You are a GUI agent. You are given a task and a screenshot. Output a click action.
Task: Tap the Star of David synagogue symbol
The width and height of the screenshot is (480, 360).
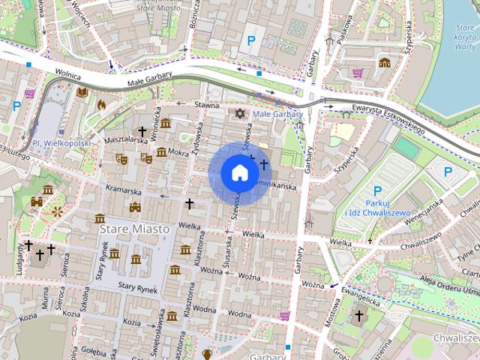240,113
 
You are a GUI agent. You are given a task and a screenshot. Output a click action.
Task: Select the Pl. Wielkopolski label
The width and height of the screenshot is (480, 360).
61,142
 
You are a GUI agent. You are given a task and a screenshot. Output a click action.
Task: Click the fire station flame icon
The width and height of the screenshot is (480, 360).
101,104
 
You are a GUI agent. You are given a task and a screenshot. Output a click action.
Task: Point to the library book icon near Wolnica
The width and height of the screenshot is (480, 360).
81,92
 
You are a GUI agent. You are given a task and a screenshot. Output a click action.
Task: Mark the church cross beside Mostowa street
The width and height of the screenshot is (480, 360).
358,316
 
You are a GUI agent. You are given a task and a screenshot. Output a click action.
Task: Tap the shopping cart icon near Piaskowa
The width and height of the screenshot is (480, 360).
358,73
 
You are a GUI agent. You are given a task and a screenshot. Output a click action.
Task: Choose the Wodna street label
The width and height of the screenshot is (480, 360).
204,308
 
